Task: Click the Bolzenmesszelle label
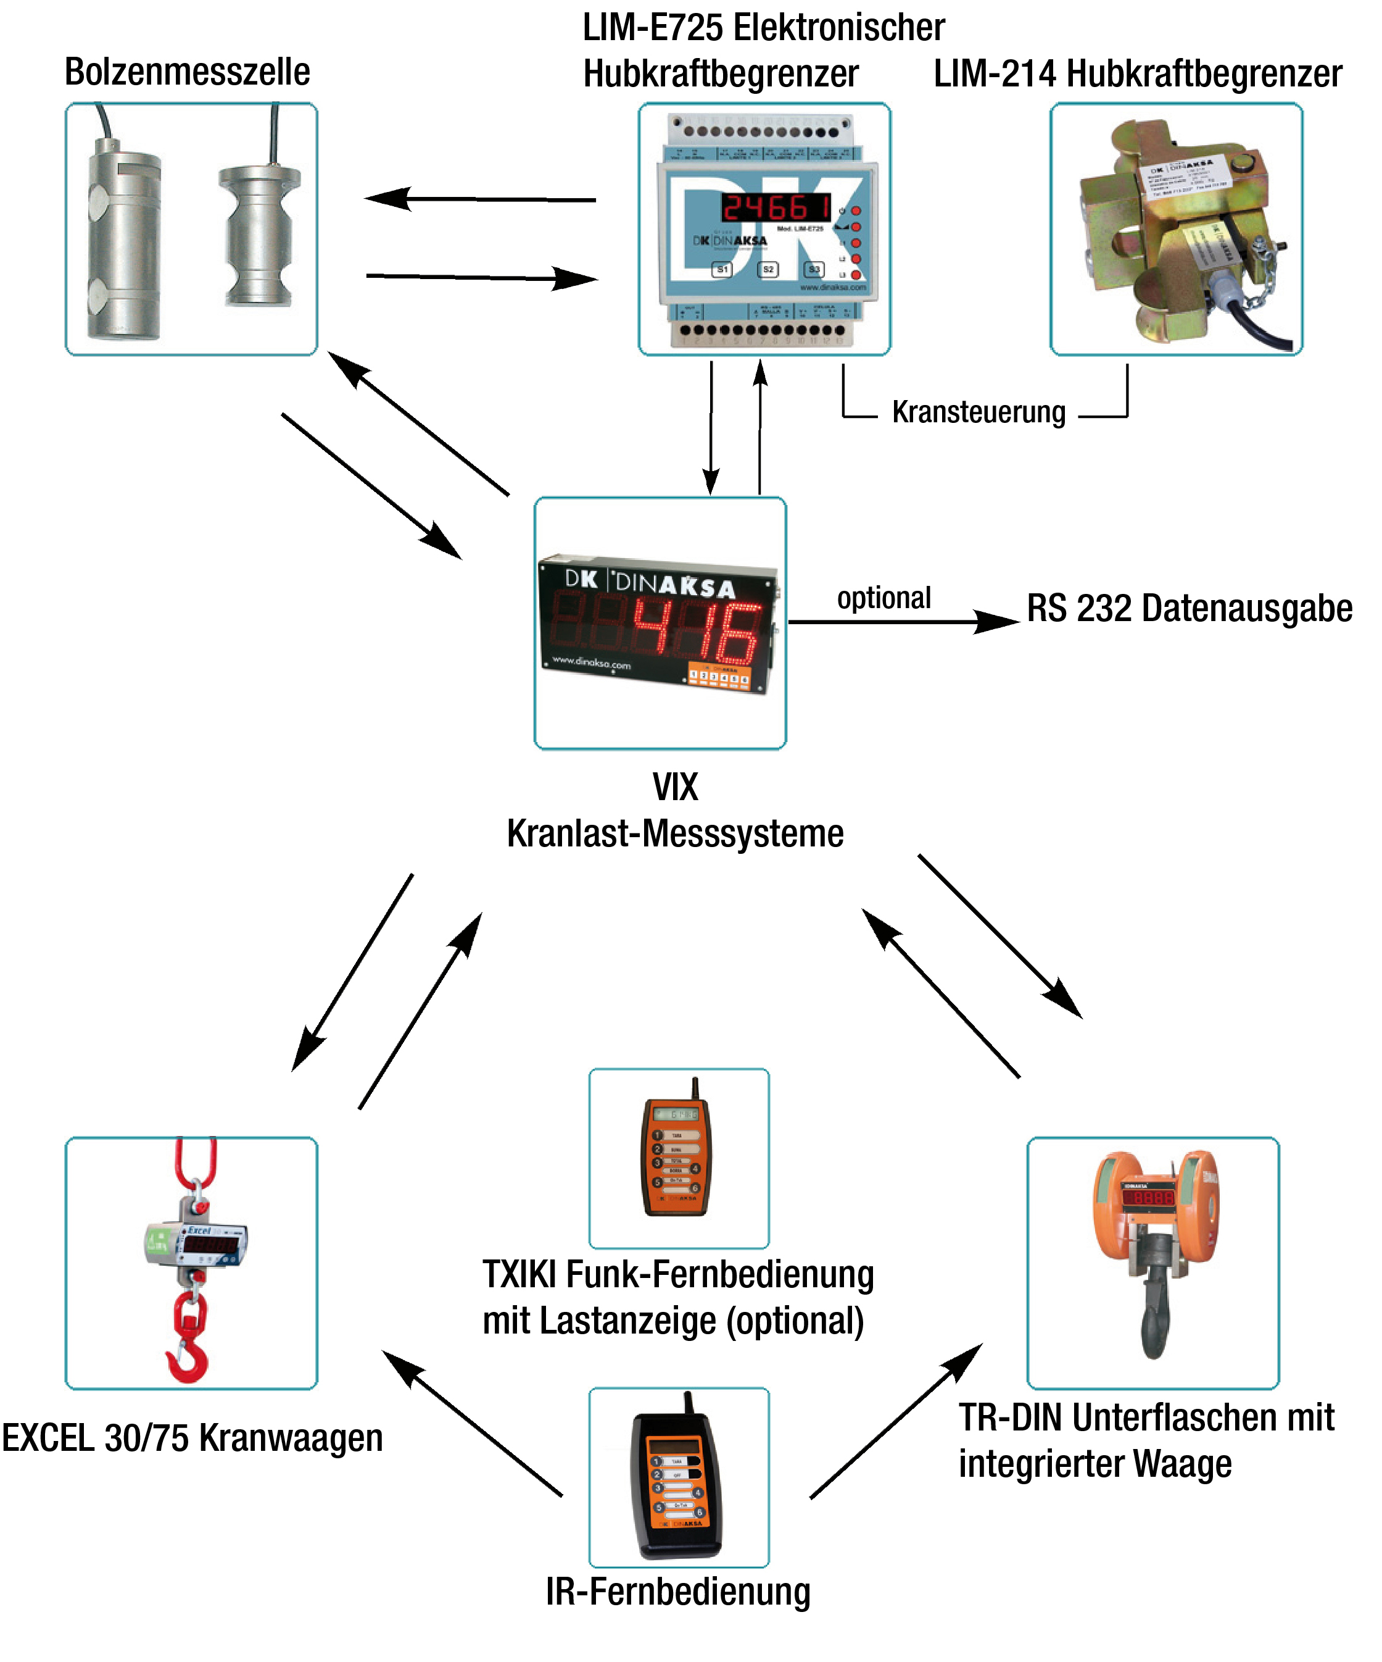coord(187,72)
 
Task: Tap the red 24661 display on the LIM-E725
coord(776,208)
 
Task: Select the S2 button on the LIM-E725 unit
coord(768,269)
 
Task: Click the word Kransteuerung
coord(979,412)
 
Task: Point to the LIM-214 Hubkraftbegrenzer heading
coord(1137,74)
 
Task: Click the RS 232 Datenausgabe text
coord(1189,609)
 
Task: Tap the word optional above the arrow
coord(883,598)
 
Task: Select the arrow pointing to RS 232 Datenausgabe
coord(902,622)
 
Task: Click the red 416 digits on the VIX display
coord(696,631)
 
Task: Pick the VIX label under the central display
coord(675,787)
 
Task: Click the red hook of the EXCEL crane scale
coord(188,1356)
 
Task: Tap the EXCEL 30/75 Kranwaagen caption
coord(192,1438)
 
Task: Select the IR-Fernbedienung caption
coord(678,1592)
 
